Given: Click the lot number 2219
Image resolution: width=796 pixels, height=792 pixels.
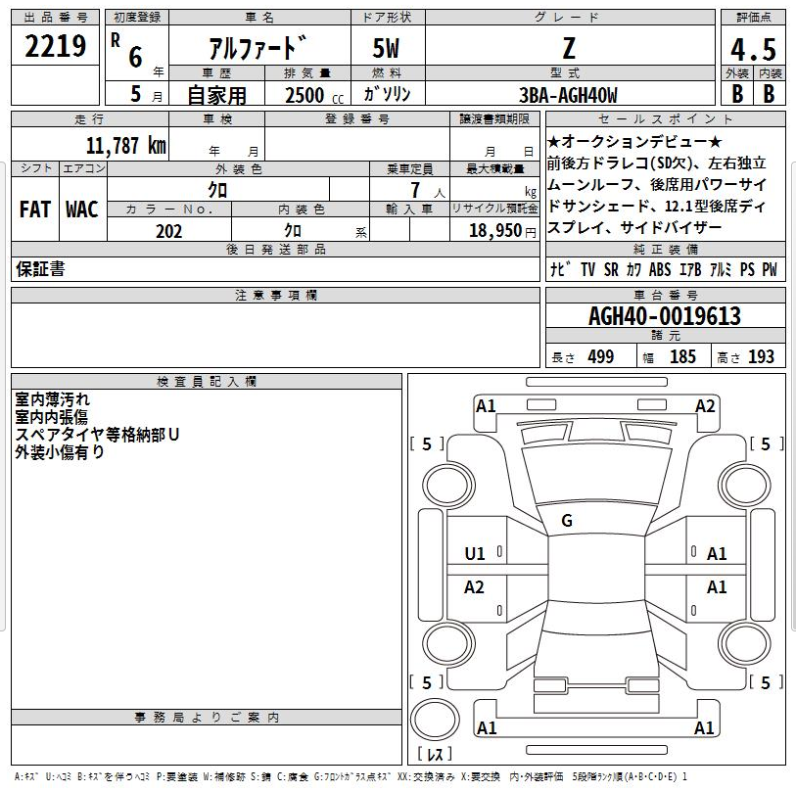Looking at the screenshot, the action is pyautogui.click(x=56, y=46).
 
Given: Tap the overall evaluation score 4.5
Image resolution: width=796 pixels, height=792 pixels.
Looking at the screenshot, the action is pyautogui.click(x=753, y=49).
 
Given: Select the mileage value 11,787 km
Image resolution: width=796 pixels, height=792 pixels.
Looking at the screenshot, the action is pyautogui.click(x=126, y=146).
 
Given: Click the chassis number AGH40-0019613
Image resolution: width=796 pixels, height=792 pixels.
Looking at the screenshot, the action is pyautogui.click(x=665, y=316).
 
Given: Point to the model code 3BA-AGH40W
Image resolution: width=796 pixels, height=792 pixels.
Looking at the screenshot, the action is pyautogui.click(x=568, y=95).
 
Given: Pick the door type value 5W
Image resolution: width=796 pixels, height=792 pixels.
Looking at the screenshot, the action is pyautogui.click(x=386, y=49).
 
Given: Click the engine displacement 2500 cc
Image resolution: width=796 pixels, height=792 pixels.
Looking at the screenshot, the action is pyautogui.click(x=313, y=95).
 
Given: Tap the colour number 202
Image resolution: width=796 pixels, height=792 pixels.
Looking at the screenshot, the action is pyautogui.click(x=168, y=231).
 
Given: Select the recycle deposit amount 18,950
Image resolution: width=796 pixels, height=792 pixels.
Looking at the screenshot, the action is pyautogui.click(x=495, y=230).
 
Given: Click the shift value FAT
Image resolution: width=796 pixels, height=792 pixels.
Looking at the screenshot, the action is pyautogui.click(x=35, y=210).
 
